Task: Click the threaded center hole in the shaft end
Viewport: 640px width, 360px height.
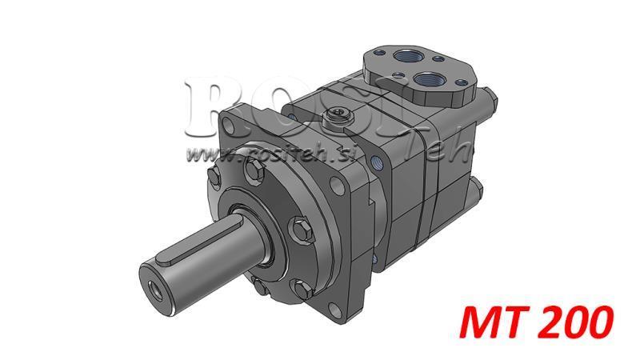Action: tap(150, 282)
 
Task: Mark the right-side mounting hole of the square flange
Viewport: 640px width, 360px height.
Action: tap(346, 191)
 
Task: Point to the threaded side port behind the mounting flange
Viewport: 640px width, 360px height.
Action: tap(376, 163)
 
